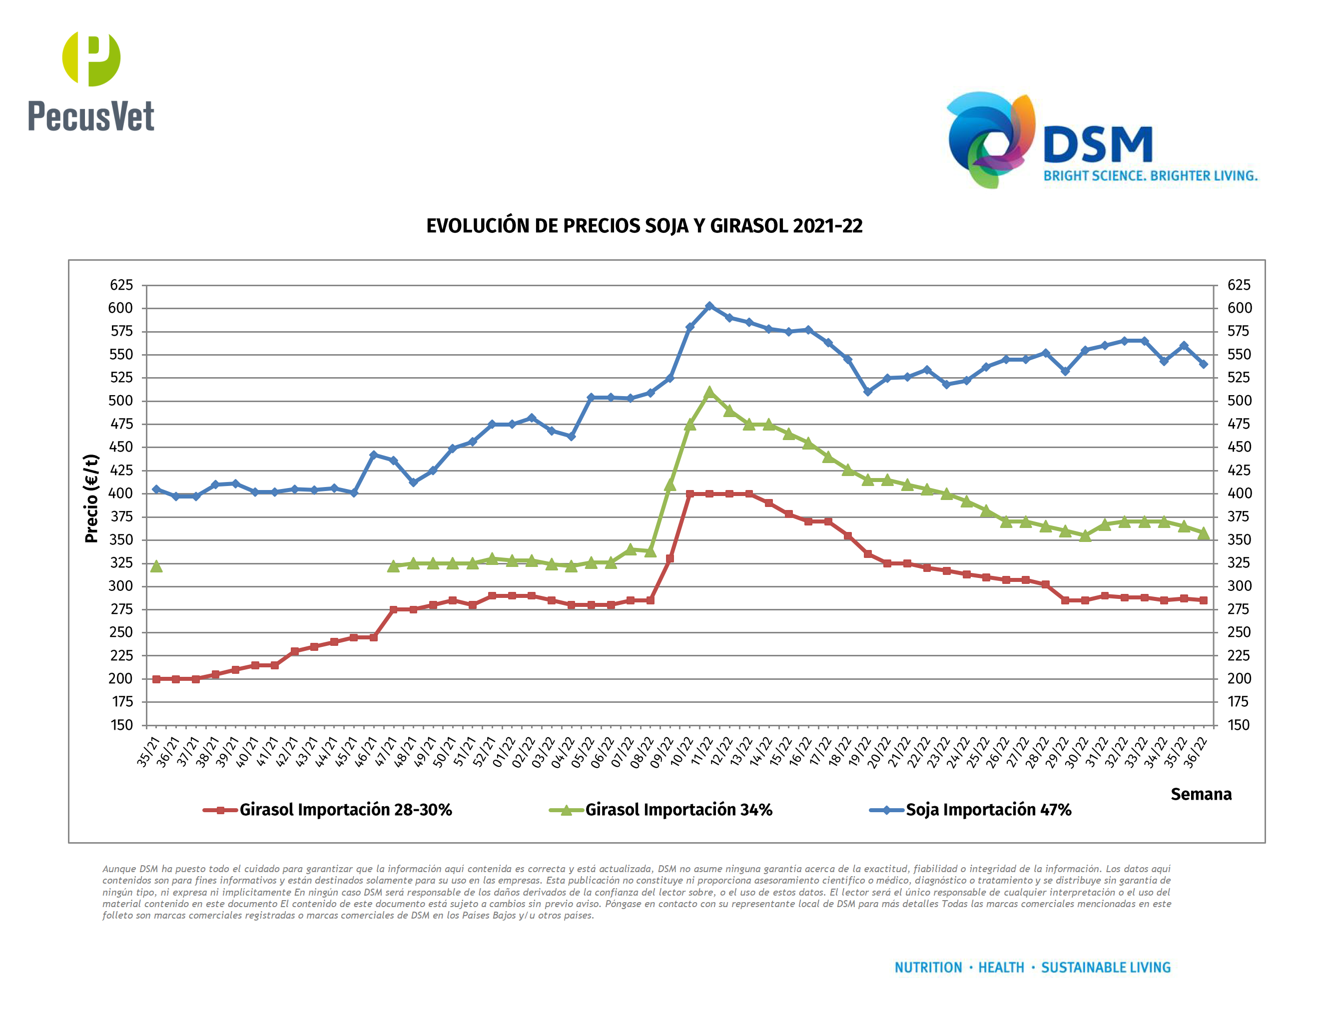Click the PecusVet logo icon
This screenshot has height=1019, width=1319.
pos(91,58)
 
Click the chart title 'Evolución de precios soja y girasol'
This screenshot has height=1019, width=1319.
pos(644,226)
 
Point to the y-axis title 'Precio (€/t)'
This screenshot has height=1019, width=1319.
pos(91,498)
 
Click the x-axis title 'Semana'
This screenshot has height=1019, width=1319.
pos(1201,794)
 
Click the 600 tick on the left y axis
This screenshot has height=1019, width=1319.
pos(121,308)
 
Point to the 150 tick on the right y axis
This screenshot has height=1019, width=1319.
pos(1238,725)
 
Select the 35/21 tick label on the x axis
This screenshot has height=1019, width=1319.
pos(148,752)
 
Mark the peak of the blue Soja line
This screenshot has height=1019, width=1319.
pos(709,307)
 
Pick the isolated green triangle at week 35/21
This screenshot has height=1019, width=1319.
pos(156,565)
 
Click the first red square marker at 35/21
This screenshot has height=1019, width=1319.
pos(156,679)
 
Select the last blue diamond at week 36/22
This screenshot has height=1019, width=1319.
pos(1203,364)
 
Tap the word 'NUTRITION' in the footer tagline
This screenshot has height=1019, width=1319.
pos(928,968)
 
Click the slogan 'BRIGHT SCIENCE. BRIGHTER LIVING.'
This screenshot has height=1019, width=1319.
pos(1151,176)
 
